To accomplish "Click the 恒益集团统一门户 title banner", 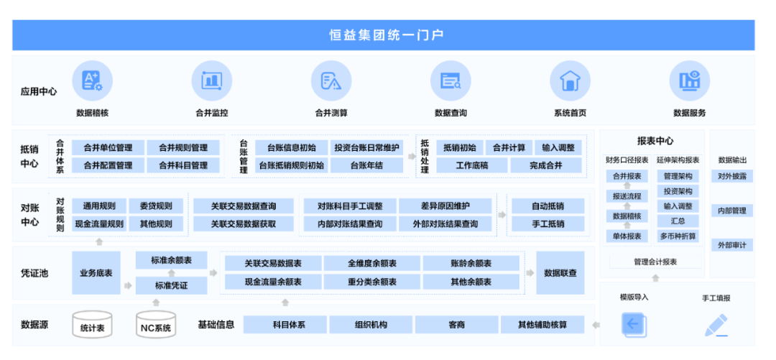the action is point(384,35).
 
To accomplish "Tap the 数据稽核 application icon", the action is point(92,80).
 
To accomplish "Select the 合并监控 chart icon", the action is point(212,80).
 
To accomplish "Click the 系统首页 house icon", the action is point(570,80).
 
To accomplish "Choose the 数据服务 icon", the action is point(689,80).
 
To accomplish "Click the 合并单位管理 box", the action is point(108,147).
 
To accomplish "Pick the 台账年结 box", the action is point(366,165).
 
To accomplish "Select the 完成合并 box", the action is point(546,165).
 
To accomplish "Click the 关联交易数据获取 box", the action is point(244,223).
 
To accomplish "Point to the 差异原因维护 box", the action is point(445,206).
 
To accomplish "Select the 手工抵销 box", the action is point(548,223).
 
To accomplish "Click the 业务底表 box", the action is point(96,273).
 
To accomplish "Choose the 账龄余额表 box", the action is point(471,264).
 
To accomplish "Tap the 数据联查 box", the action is point(560,273).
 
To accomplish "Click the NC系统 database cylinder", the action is point(156,324).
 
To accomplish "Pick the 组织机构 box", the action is point(371,326).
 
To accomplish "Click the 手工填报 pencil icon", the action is point(716,326).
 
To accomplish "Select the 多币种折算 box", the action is point(678,236).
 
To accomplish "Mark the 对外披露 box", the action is point(732,176).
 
